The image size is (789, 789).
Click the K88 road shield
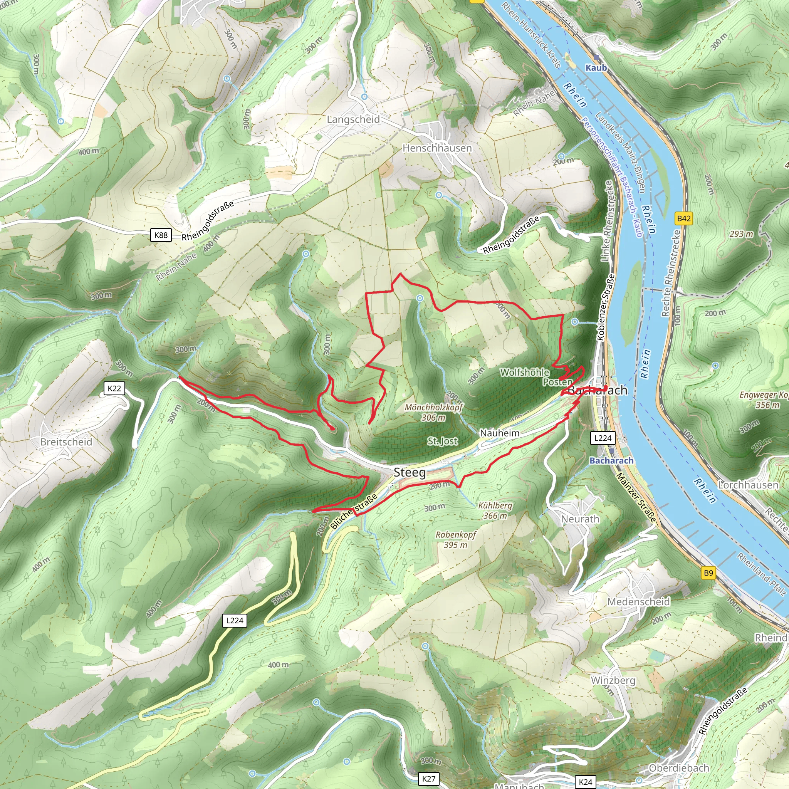[161, 235]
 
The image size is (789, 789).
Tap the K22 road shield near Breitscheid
[114, 388]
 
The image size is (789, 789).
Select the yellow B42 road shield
[684, 218]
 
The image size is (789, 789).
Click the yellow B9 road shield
[708, 573]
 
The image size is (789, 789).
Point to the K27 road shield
[429, 779]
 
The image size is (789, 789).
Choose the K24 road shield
[585, 782]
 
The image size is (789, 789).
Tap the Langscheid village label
[353, 119]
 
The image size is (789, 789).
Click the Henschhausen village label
[437, 148]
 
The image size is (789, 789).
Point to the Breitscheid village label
[66, 442]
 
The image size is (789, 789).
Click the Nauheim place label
[499, 433]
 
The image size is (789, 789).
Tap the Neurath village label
[580, 519]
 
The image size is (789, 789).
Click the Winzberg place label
[613, 680]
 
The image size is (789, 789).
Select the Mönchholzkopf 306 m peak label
[434, 412]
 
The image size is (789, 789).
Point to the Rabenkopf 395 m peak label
[456, 539]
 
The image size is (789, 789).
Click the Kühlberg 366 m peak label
[495, 510]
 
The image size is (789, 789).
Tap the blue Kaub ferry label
[596, 68]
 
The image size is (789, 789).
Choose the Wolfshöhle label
[525, 373]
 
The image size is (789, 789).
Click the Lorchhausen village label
[748, 485]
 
